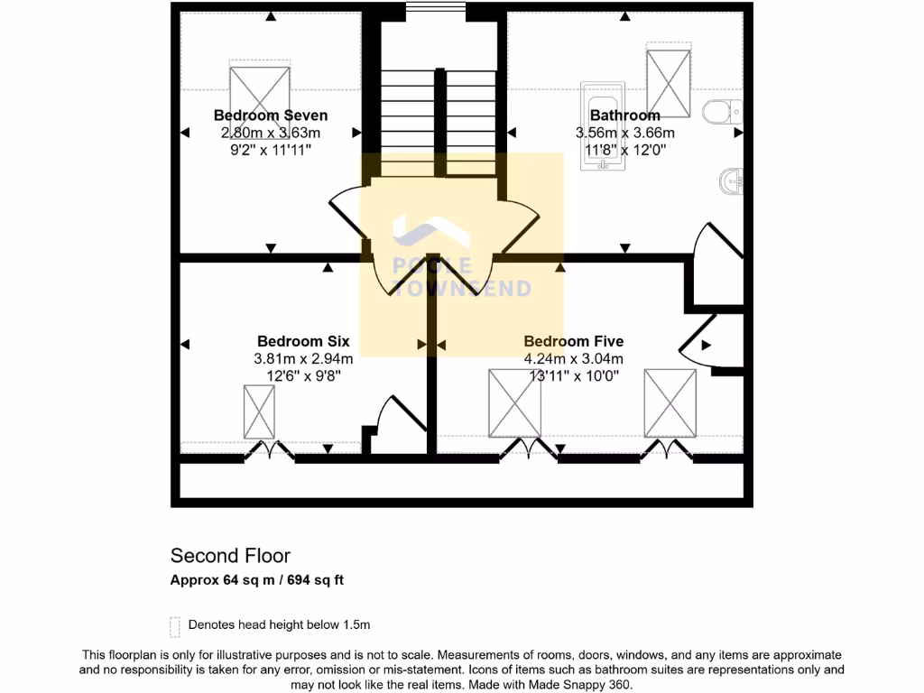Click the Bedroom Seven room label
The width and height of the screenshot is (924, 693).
click(x=270, y=115)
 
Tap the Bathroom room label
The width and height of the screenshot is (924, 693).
click(x=624, y=115)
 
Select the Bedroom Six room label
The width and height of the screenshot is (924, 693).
click(x=302, y=341)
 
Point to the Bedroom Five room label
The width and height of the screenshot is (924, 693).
click(x=573, y=341)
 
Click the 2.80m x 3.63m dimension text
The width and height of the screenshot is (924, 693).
click(x=270, y=133)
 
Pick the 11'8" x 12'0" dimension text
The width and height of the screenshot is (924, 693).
click(x=624, y=150)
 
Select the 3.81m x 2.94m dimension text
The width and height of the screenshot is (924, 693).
click(x=302, y=358)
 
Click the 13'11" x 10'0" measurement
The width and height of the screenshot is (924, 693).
click(x=573, y=375)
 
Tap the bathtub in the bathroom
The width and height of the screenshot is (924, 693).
click(x=604, y=126)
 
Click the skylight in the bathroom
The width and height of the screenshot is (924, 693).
click(x=669, y=79)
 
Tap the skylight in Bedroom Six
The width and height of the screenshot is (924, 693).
click(x=259, y=411)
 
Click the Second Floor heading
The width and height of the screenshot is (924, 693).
click(x=230, y=556)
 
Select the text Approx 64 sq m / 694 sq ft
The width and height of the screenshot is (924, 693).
click(x=257, y=580)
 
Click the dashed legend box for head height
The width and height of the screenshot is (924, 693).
click(x=174, y=625)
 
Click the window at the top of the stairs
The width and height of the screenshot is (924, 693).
click(x=435, y=9)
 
